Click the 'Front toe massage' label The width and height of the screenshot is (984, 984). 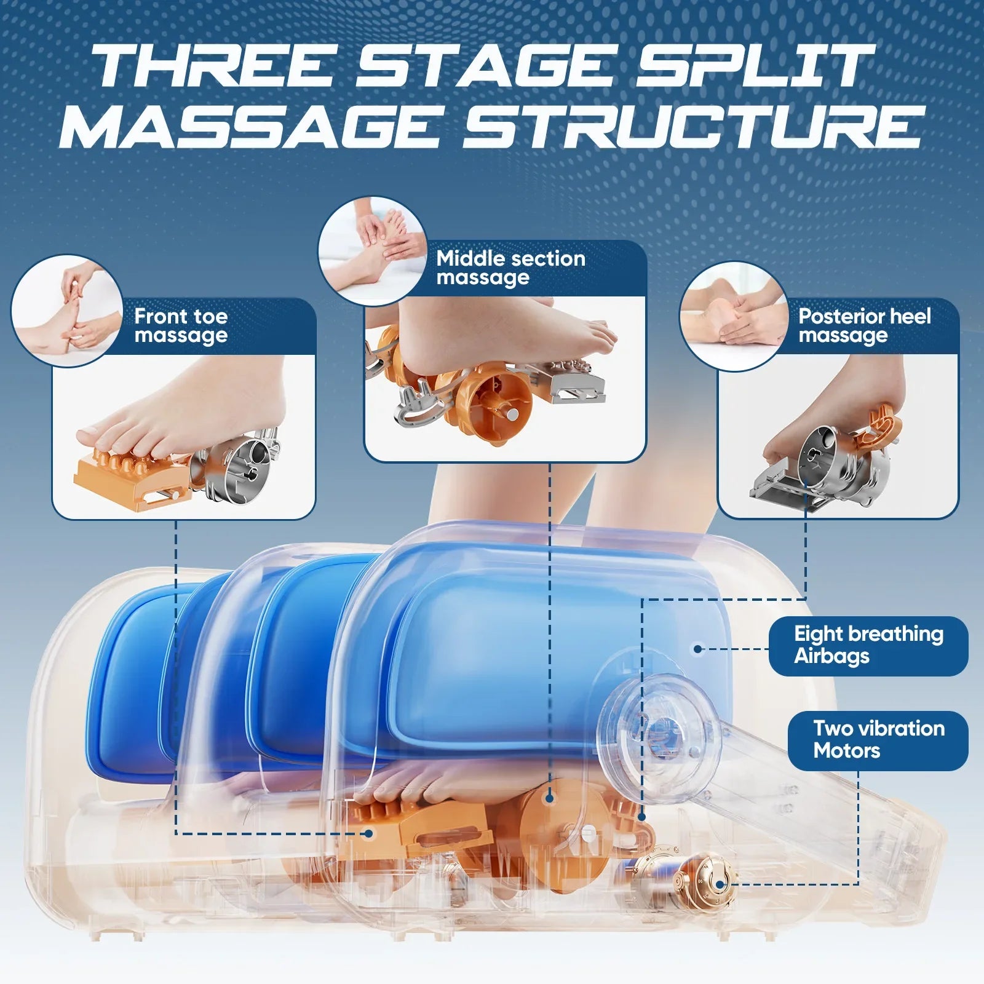pyautogui.click(x=181, y=326)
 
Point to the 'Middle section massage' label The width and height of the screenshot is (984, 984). pyautogui.click(x=510, y=268)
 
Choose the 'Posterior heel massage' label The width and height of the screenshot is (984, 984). pyautogui.click(x=865, y=325)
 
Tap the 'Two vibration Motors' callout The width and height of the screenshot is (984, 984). pyautogui.click(x=878, y=740)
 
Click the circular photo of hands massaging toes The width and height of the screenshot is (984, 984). pyautogui.click(x=66, y=311)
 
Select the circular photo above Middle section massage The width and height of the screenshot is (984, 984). pyautogui.click(x=373, y=251)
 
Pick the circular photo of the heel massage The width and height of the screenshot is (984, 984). pyautogui.click(x=734, y=316)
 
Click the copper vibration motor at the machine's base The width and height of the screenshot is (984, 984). pyautogui.click(x=704, y=883)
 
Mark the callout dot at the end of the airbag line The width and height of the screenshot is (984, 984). pyautogui.click(x=697, y=648)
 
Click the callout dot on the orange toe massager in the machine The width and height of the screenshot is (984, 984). pyautogui.click(x=369, y=833)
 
